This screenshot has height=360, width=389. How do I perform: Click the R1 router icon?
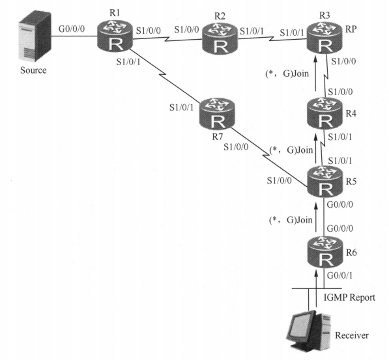115,36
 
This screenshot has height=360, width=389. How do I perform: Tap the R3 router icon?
324,38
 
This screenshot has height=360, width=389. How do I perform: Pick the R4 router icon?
324,113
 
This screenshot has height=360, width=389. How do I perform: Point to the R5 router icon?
324,181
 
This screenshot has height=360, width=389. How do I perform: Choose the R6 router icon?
324,252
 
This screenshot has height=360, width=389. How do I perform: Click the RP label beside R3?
351,29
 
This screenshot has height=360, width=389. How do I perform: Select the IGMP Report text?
349,298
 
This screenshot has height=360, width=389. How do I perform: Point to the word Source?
33,70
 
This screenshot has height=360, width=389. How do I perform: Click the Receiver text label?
352,335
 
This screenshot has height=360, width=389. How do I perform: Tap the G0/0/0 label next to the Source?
72,29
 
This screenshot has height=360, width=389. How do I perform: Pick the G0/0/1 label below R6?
339,275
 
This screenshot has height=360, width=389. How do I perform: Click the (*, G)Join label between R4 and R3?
287,74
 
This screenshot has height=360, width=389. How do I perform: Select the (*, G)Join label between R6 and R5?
291,220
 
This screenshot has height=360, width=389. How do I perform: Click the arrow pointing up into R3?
316,74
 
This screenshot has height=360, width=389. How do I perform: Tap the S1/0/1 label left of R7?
181,107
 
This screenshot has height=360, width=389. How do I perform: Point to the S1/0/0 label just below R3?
343,61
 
